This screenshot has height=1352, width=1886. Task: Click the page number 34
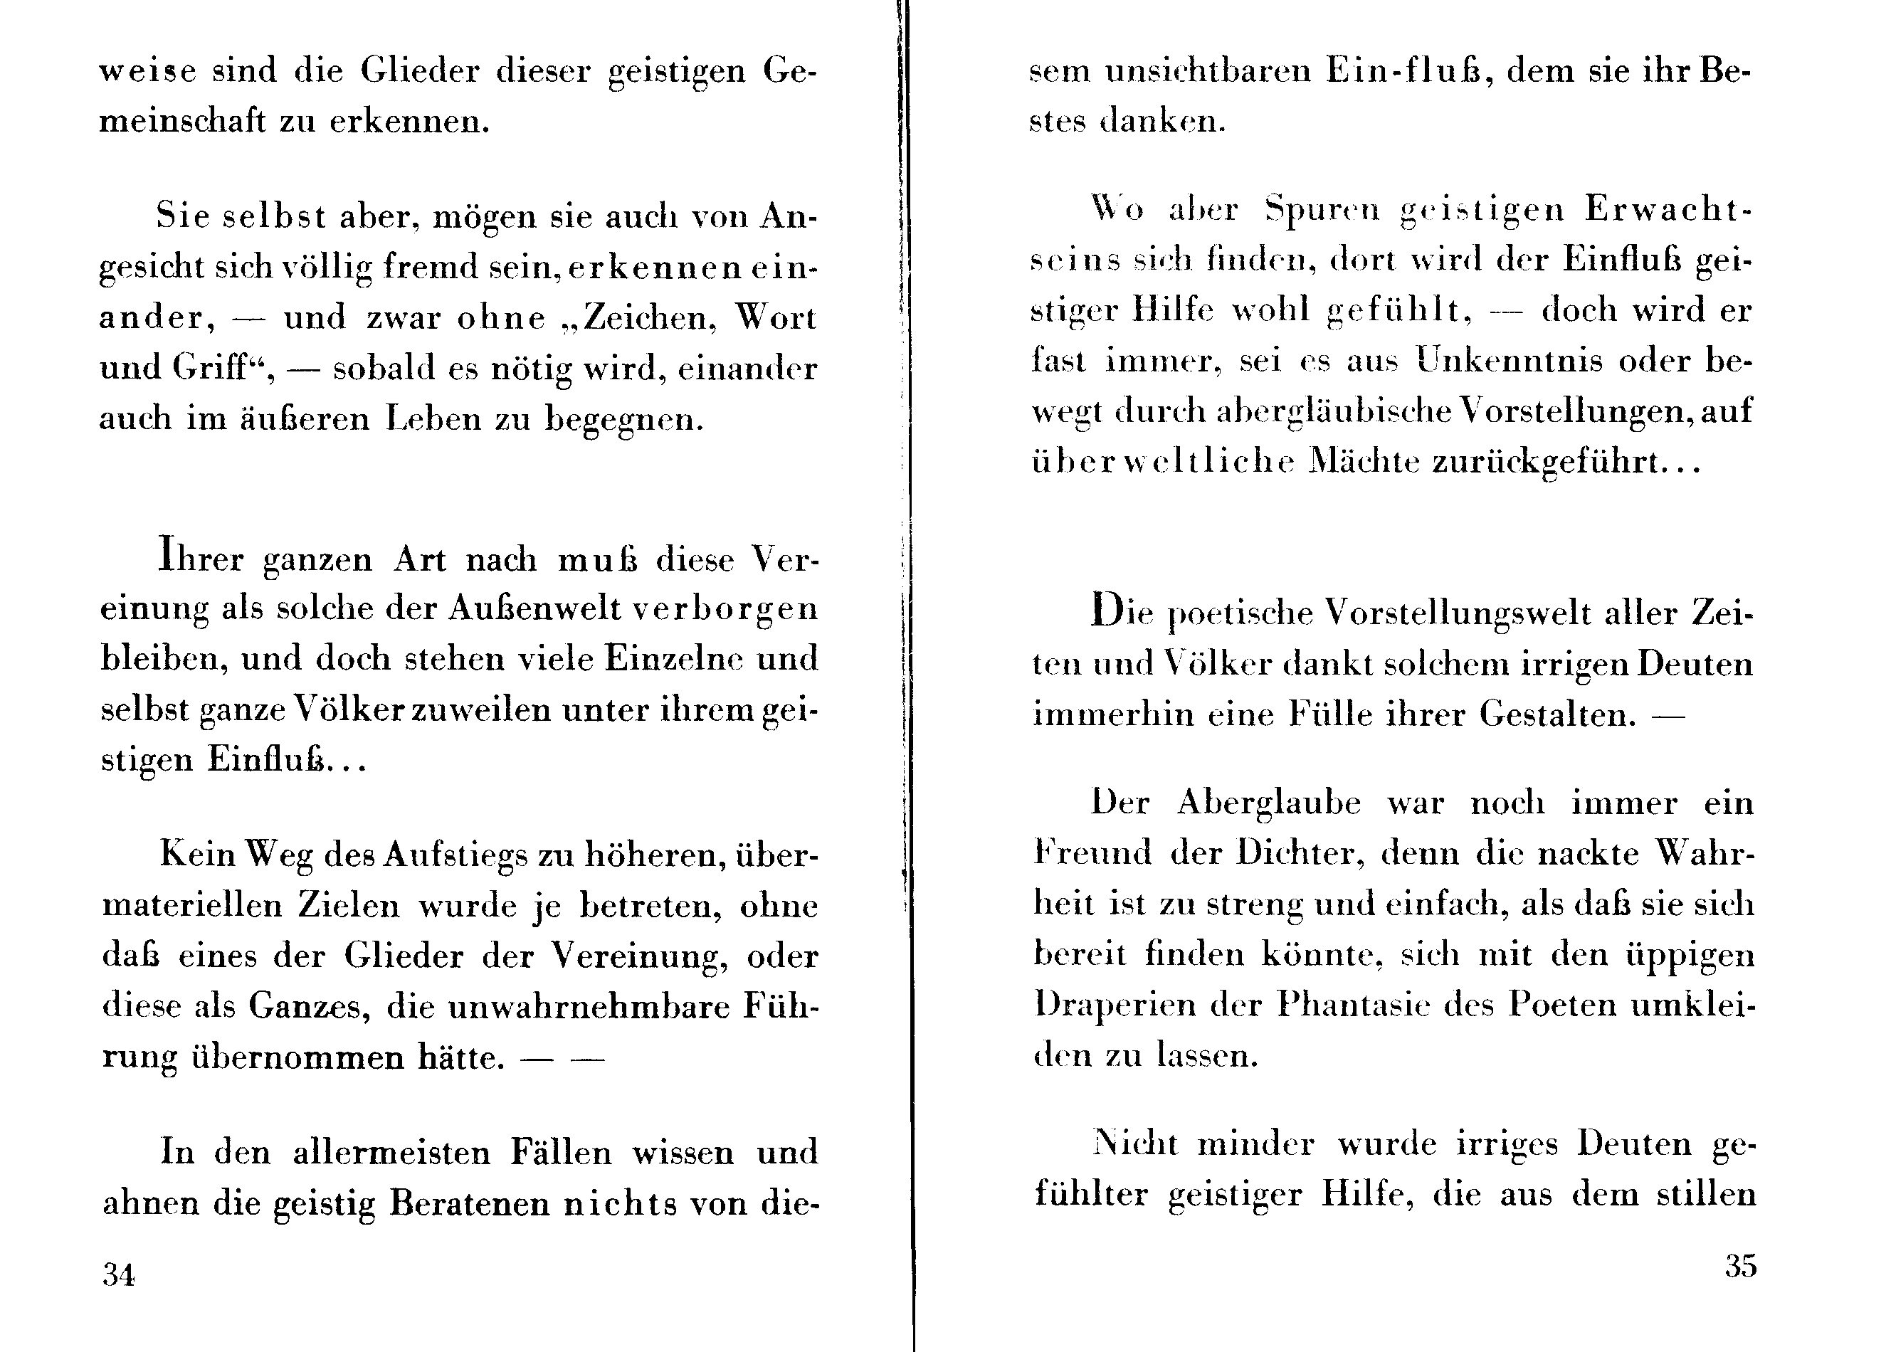click(119, 1274)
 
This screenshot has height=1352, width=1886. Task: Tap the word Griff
click(216, 367)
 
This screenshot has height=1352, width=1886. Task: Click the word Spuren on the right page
click(1322, 209)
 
